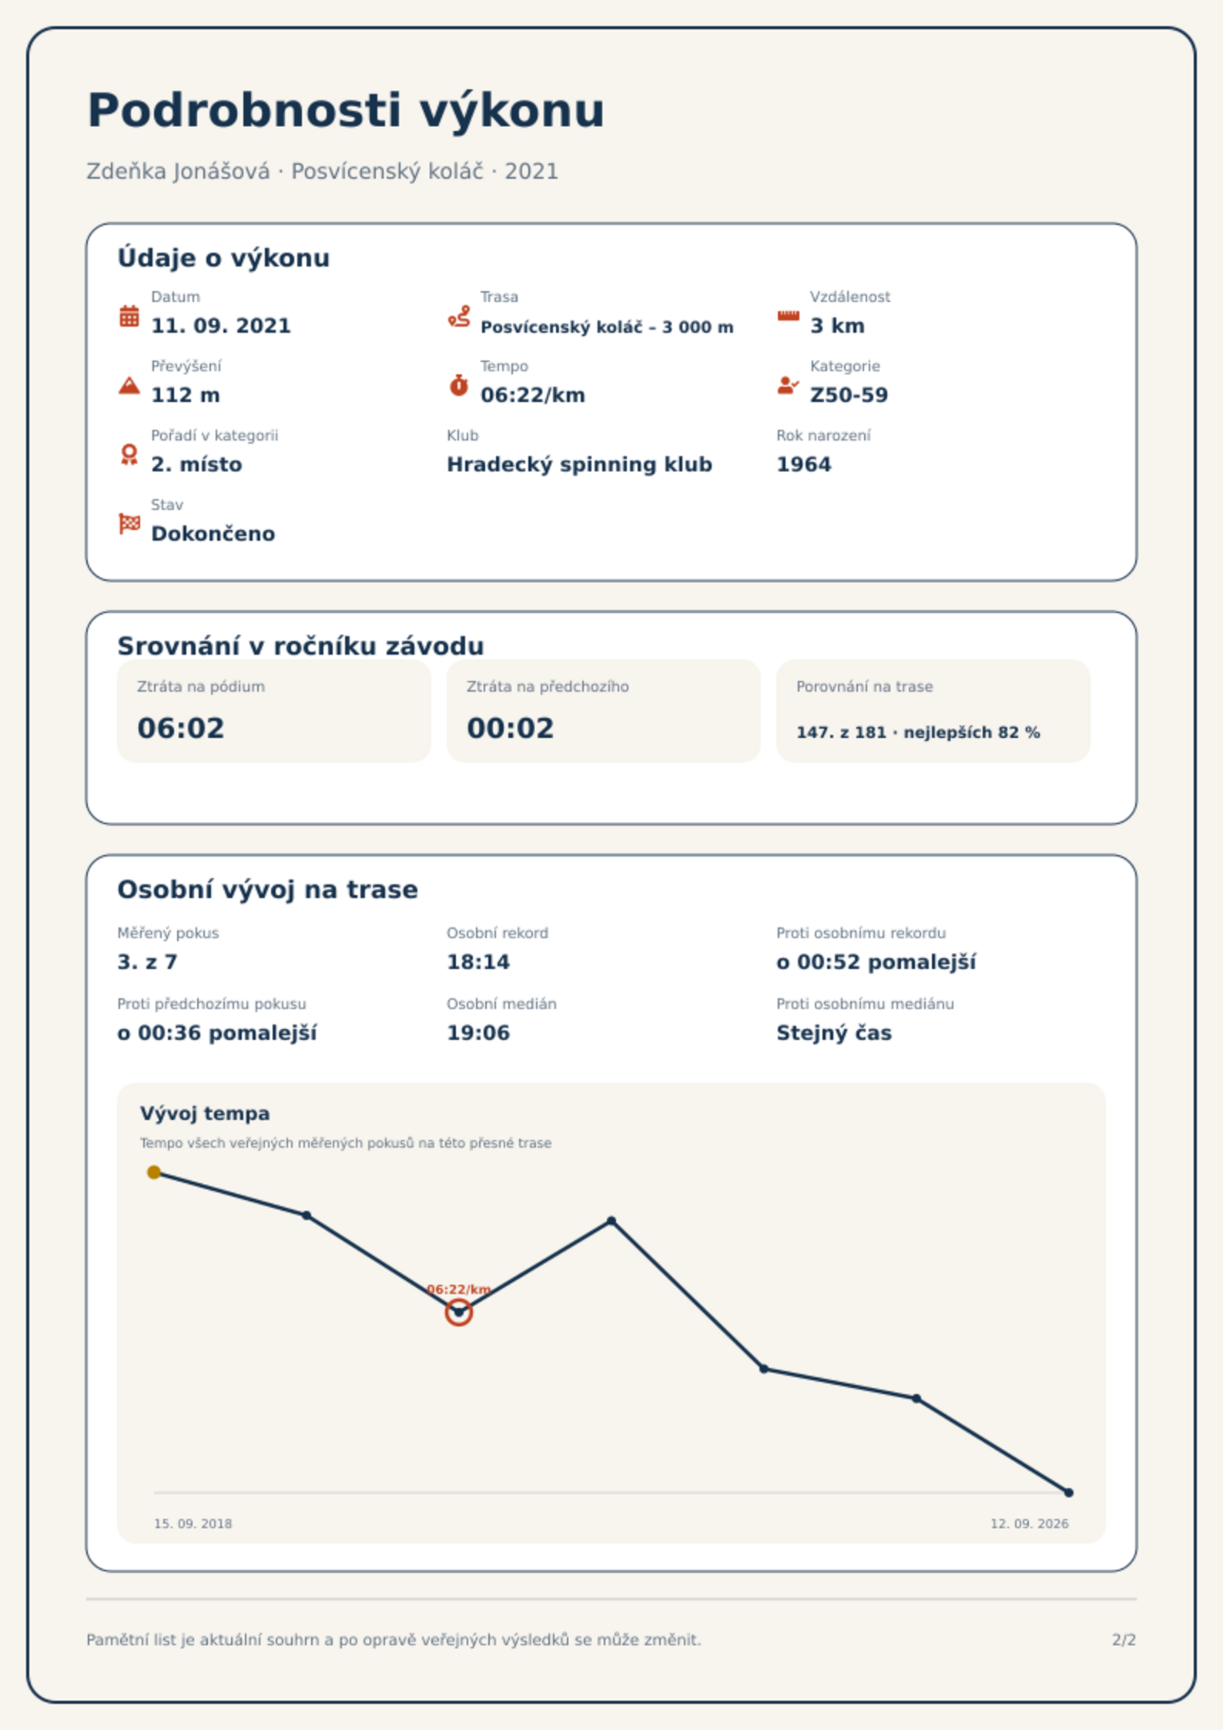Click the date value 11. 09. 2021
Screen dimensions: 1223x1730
click(x=221, y=326)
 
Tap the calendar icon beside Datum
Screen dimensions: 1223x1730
click(x=129, y=316)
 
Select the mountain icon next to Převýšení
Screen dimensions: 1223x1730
click(x=129, y=385)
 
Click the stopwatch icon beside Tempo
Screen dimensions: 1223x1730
click(x=458, y=385)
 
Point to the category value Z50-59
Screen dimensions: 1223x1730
click(x=849, y=395)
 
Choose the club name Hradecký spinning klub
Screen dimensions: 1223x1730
click(x=579, y=464)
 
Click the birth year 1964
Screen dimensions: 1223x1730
click(x=803, y=464)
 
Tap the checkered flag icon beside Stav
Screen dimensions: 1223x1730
click(x=129, y=524)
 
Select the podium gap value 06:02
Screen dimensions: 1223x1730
click(x=181, y=728)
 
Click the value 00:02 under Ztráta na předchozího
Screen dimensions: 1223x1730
click(x=511, y=728)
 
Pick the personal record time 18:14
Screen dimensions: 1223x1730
click(x=478, y=962)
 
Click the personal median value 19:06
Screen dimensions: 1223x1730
click(x=478, y=1033)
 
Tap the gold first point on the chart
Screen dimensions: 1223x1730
click(x=154, y=1172)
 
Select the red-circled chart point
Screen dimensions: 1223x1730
click(x=458, y=1312)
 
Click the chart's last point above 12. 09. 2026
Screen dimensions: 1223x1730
click(x=1069, y=1493)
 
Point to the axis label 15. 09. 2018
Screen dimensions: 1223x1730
click(x=193, y=1524)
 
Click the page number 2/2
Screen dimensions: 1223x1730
click(x=1124, y=1640)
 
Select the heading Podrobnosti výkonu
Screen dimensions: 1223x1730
click(x=346, y=112)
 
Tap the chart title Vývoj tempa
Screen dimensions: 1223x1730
click(x=205, y=1114)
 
